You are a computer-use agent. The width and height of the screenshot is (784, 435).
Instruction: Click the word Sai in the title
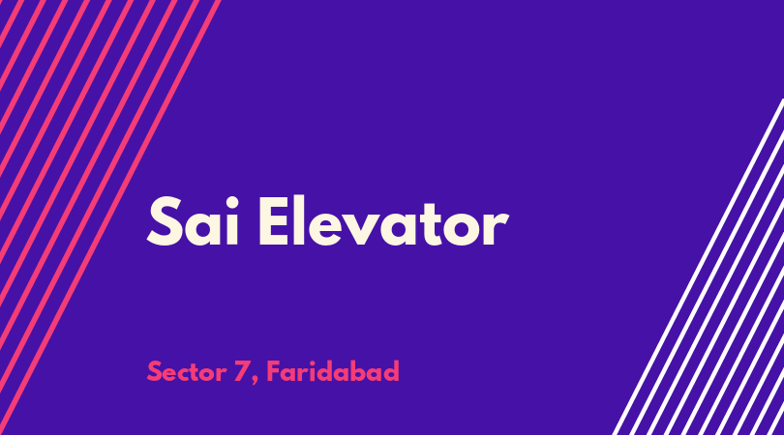(x=193, y=220)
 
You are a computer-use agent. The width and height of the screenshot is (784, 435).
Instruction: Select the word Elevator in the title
(x=383, y=220)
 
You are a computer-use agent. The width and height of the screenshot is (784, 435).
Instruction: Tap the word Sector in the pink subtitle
(x=187, y=372)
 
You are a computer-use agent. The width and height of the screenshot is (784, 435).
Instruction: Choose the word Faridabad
(x=333, y=371)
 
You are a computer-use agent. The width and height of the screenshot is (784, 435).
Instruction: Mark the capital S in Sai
(x=165, y=221)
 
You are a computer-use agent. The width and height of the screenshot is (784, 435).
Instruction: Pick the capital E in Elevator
(x=274, y=220)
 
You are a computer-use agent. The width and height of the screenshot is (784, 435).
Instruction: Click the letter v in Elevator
(x=359, y=228)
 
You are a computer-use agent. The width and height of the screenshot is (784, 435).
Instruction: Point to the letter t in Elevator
(x=433, y=224)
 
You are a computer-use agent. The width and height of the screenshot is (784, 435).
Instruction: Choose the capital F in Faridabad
(x=274, y=371)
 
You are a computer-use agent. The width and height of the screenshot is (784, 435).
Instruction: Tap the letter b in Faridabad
(x=357, y=371)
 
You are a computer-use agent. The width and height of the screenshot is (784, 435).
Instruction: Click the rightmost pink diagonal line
(x=110, y=217)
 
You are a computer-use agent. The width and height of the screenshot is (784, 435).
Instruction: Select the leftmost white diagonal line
(x=699, y=267)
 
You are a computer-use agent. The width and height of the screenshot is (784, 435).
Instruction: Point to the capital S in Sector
(x=155, y=372)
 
